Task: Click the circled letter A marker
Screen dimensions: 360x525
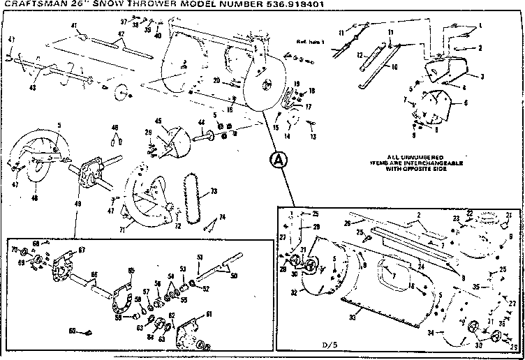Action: [278, 160]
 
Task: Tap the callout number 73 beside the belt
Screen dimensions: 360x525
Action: [214, 190]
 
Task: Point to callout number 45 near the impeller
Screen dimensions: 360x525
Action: [158, 121]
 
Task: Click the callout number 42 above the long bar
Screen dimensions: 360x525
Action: [121, 34]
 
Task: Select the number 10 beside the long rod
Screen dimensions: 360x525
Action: [394, 67]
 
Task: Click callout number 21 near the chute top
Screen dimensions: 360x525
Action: [509, 215]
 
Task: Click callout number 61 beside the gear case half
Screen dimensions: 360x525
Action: [208, 315]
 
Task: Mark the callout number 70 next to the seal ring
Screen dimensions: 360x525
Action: [14, 249]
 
